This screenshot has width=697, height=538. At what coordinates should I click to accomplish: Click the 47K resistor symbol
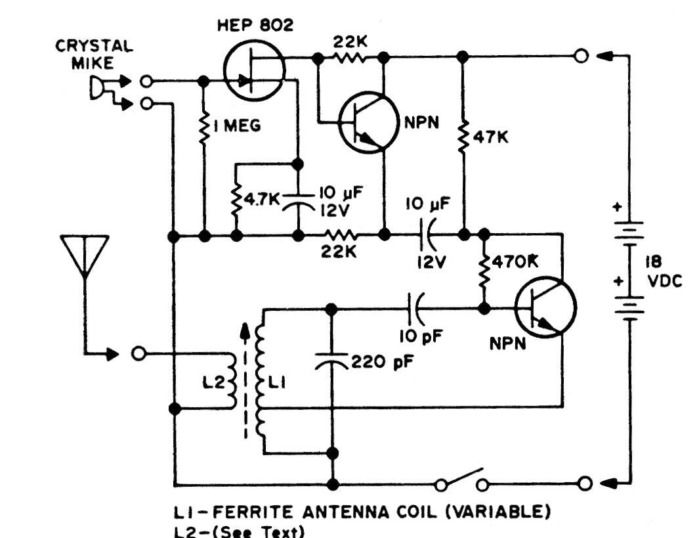[x=463, y=137]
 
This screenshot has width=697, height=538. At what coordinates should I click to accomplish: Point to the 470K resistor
[x=485, y=270]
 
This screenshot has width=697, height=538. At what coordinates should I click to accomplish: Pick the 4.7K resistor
[x=236, y=198]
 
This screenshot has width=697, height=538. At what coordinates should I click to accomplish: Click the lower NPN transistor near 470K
[x=545, y=308]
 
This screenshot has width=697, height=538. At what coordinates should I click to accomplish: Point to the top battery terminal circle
[x=580, y=57]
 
